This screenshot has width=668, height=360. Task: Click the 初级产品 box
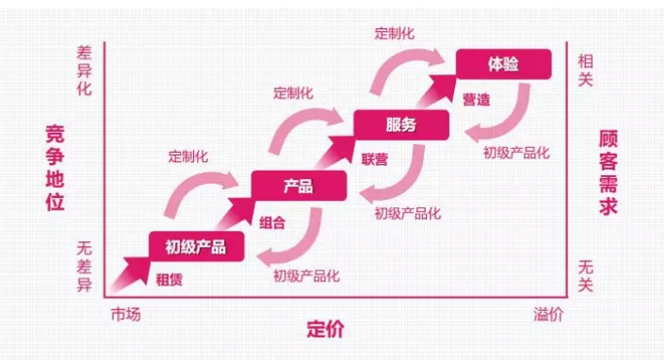[197, 247]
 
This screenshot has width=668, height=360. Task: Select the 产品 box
[298, 186]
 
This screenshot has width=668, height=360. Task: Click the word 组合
[271, 221]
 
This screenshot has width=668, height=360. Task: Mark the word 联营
[374, 159]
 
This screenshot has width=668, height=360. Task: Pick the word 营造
[476, 99]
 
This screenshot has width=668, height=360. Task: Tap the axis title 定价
[325, 330]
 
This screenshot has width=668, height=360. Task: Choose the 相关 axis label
[586, 70]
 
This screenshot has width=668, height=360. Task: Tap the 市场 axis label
[125, 314]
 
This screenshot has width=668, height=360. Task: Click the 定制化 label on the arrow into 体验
[394, 33]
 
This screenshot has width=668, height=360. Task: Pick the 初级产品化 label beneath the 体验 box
[516, 152]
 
